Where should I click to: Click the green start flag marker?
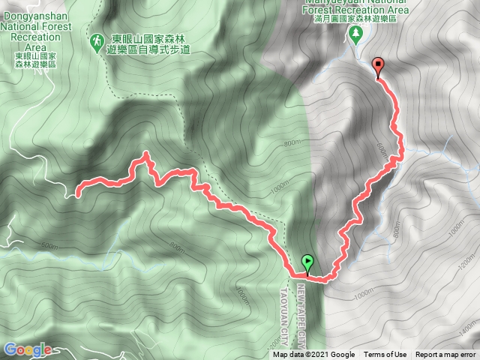(307, 262)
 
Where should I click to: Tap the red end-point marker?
(378, 66)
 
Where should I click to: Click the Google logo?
(27, 349)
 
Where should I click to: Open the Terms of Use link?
(385, 355)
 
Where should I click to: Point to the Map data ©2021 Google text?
(313, 355)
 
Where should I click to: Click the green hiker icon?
(97, 40)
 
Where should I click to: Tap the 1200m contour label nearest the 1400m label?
(466, 263)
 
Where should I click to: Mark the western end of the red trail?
(77, 195)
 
